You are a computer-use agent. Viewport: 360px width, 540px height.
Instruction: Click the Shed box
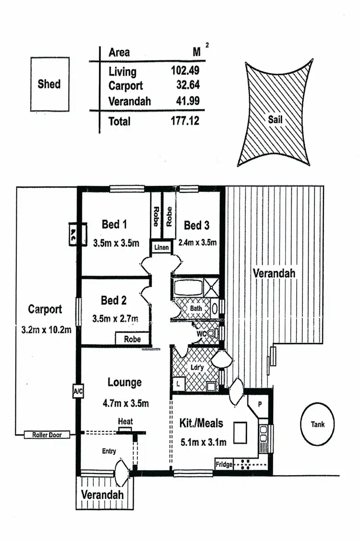tap(49, 84)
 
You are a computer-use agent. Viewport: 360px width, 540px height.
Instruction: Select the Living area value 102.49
tap(185, 71)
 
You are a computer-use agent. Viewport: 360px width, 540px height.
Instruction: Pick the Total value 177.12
tap(185, 121)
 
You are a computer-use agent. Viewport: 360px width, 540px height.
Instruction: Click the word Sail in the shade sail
tap(275, 120)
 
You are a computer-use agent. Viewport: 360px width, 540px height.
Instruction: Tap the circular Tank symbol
tap(317, 424)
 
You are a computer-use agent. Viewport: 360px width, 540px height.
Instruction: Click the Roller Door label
tap(47, 435)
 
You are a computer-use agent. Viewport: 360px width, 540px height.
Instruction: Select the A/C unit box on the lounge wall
tap(78, 391)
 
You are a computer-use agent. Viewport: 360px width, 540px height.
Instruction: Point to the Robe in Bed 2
tap(132, 339)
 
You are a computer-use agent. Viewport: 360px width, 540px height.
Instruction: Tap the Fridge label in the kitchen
tap(224, 465)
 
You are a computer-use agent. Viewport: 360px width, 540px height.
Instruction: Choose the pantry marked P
tap(259, 404)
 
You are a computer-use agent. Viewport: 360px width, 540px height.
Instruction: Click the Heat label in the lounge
tap(125, 421)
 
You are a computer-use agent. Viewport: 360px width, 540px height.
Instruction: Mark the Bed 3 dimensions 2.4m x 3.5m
tap(197, 242)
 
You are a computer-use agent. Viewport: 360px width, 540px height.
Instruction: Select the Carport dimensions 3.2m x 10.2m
tap(46, 330)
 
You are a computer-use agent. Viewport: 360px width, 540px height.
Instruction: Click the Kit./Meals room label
tap(202, 423)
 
